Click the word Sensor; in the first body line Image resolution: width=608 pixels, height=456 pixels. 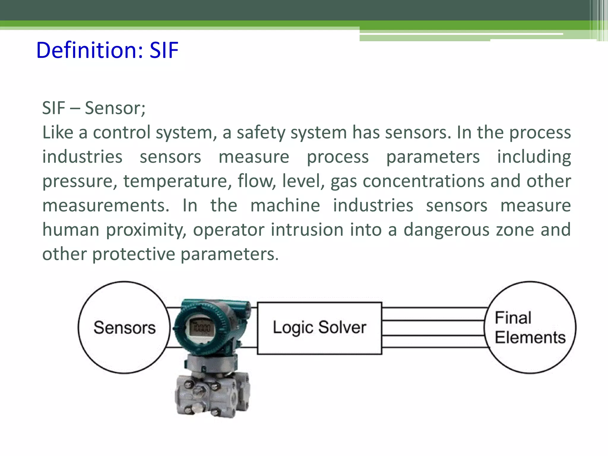[x=115, y=108]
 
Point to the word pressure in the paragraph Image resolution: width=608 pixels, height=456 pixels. [x=80, y=182]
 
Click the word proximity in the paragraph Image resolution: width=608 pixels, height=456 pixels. [x=146, y=230]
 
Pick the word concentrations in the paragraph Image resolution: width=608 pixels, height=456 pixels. [x=424, y=181]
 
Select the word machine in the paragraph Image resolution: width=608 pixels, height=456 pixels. [x=285, y=205]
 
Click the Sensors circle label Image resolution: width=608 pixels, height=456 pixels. [x=124, y=328]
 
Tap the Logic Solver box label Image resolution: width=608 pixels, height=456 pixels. [x=319, y=328]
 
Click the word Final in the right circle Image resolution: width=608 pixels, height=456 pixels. [x=513, y=318]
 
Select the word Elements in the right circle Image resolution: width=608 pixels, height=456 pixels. [x=530, y=338]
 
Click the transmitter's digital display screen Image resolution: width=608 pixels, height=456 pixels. [x=202, y=328]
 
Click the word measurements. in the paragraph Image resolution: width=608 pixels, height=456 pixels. [x=106, y=205]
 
